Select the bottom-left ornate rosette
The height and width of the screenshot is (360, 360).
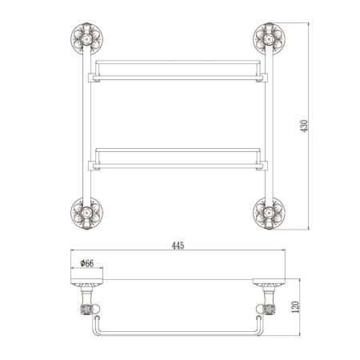(x=86, y=213)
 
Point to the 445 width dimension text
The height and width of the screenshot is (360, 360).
(x=178, y=246)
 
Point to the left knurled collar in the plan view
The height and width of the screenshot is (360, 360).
(x=86, y=309)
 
